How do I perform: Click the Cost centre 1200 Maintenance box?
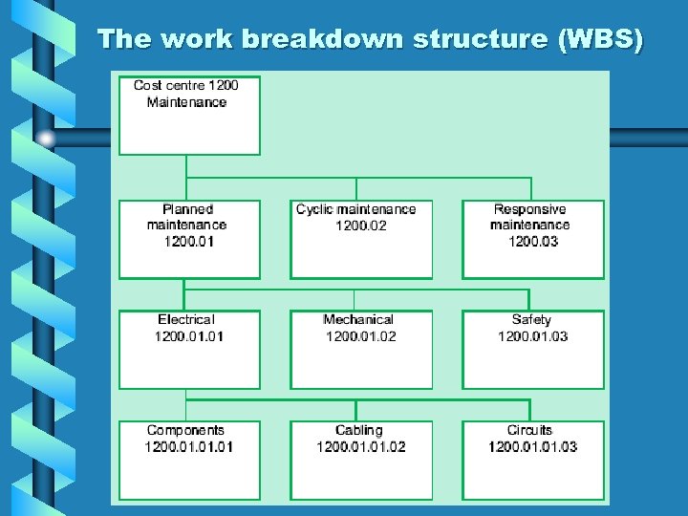click(189, 115)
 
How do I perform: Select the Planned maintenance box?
click(189, 239)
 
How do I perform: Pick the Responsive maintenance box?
click(533, 239)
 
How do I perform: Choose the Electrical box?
click(189, 350)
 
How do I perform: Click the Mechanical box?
click(360, 350)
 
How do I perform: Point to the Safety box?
click(533, 350)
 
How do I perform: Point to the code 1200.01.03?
click(532, 336)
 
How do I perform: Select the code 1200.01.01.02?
click(360, 447)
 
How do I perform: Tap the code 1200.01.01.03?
click(532, 447)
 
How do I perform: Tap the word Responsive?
click(530, 209)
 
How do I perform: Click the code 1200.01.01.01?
click(189, 447)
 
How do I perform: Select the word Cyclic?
click(315, 209)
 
